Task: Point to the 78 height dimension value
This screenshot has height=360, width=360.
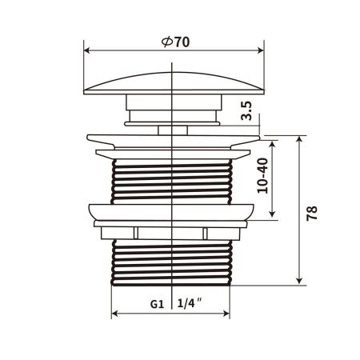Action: tap(313, 212)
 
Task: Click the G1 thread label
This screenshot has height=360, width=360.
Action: tap(157, 304)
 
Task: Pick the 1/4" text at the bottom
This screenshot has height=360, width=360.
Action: tap(190, 304)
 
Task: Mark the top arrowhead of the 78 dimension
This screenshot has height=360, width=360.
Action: tap(298, 138)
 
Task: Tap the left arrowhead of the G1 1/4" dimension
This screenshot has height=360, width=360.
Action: tap(114, 313)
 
